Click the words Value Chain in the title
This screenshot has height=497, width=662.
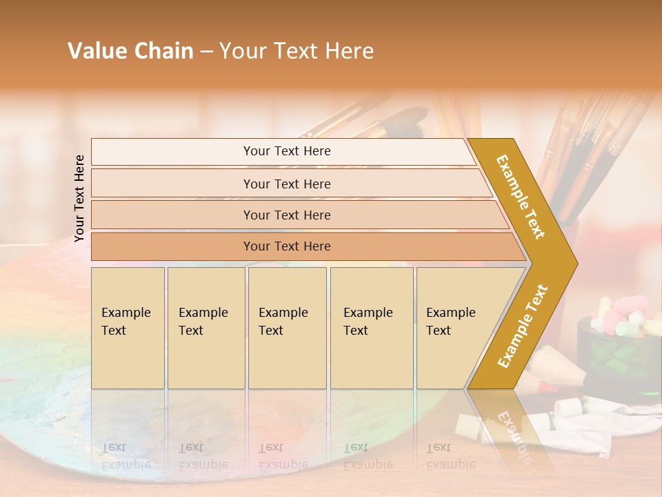[x=130, y=51]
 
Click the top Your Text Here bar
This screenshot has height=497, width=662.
[x=286, y=151]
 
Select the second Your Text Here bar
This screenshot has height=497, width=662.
[x=286, y=184]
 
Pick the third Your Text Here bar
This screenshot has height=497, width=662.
[x=286, y=215]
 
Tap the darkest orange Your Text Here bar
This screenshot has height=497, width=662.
[x=286, y=246]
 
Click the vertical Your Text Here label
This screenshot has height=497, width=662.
[x=79, y=198]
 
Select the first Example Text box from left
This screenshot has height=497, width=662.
[x=128, y=328]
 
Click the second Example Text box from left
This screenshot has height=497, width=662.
[x=206, y=328]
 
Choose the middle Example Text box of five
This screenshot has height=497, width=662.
[x=288, y=328]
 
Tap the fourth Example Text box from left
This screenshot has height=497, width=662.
[x=371, y=328]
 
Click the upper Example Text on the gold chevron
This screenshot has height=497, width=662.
[x=521, y=197]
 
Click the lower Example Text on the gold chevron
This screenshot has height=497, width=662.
[x=523, y=326]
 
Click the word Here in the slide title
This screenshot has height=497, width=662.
[x=349, y=51]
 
